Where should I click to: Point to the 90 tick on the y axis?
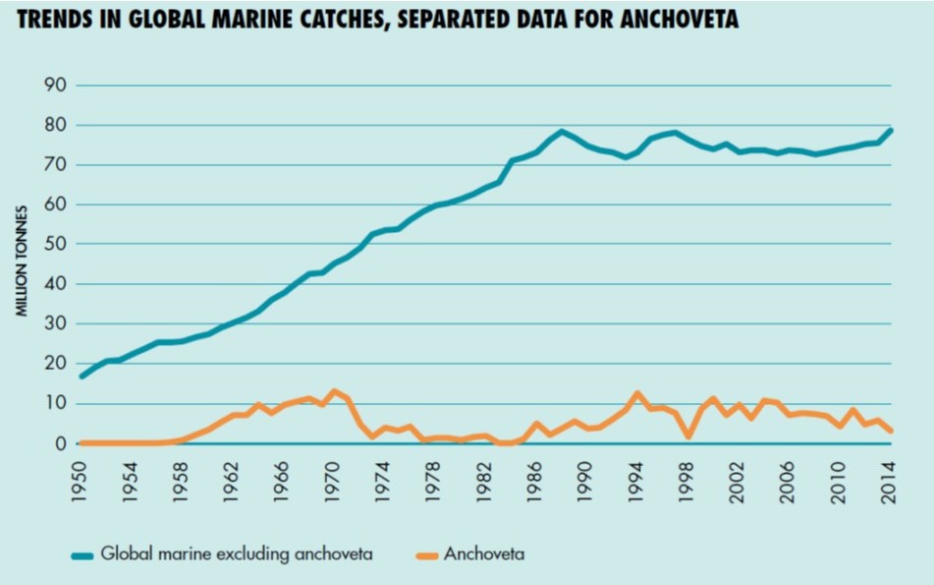pos(54,86)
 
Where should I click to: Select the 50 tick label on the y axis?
pos(54,244)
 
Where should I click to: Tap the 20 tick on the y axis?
pos(54,364)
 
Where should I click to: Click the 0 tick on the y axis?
pos(60,443)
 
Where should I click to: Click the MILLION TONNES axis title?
pos(20,261)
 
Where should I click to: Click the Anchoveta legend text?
pos(483,555)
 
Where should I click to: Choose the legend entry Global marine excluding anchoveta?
pos(236,555)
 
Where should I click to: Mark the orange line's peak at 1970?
pos(334,391)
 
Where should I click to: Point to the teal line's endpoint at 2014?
pos(890,130)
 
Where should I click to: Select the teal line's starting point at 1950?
pos(82,377)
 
